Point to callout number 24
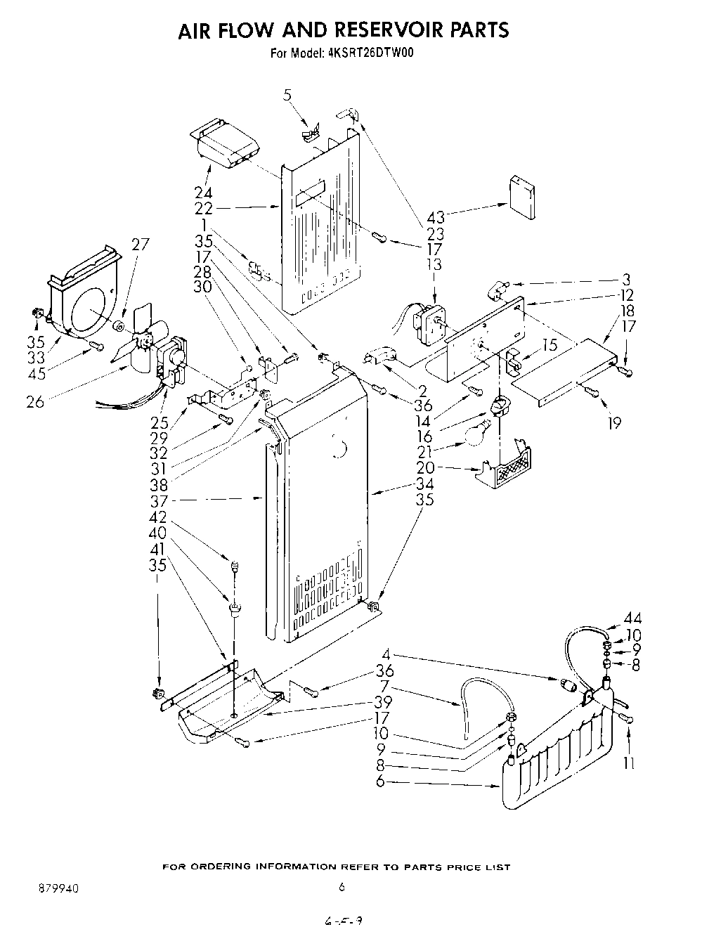tap(203, 193)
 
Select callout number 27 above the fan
tap(141, 245)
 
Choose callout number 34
tap(424, 484)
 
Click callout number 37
tap(158, 500)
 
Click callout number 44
tap(632, 619)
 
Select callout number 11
tap(629, 763)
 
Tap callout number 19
tap(615, 423)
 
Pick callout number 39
tap(384, 702)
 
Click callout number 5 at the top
tap(287, 95)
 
